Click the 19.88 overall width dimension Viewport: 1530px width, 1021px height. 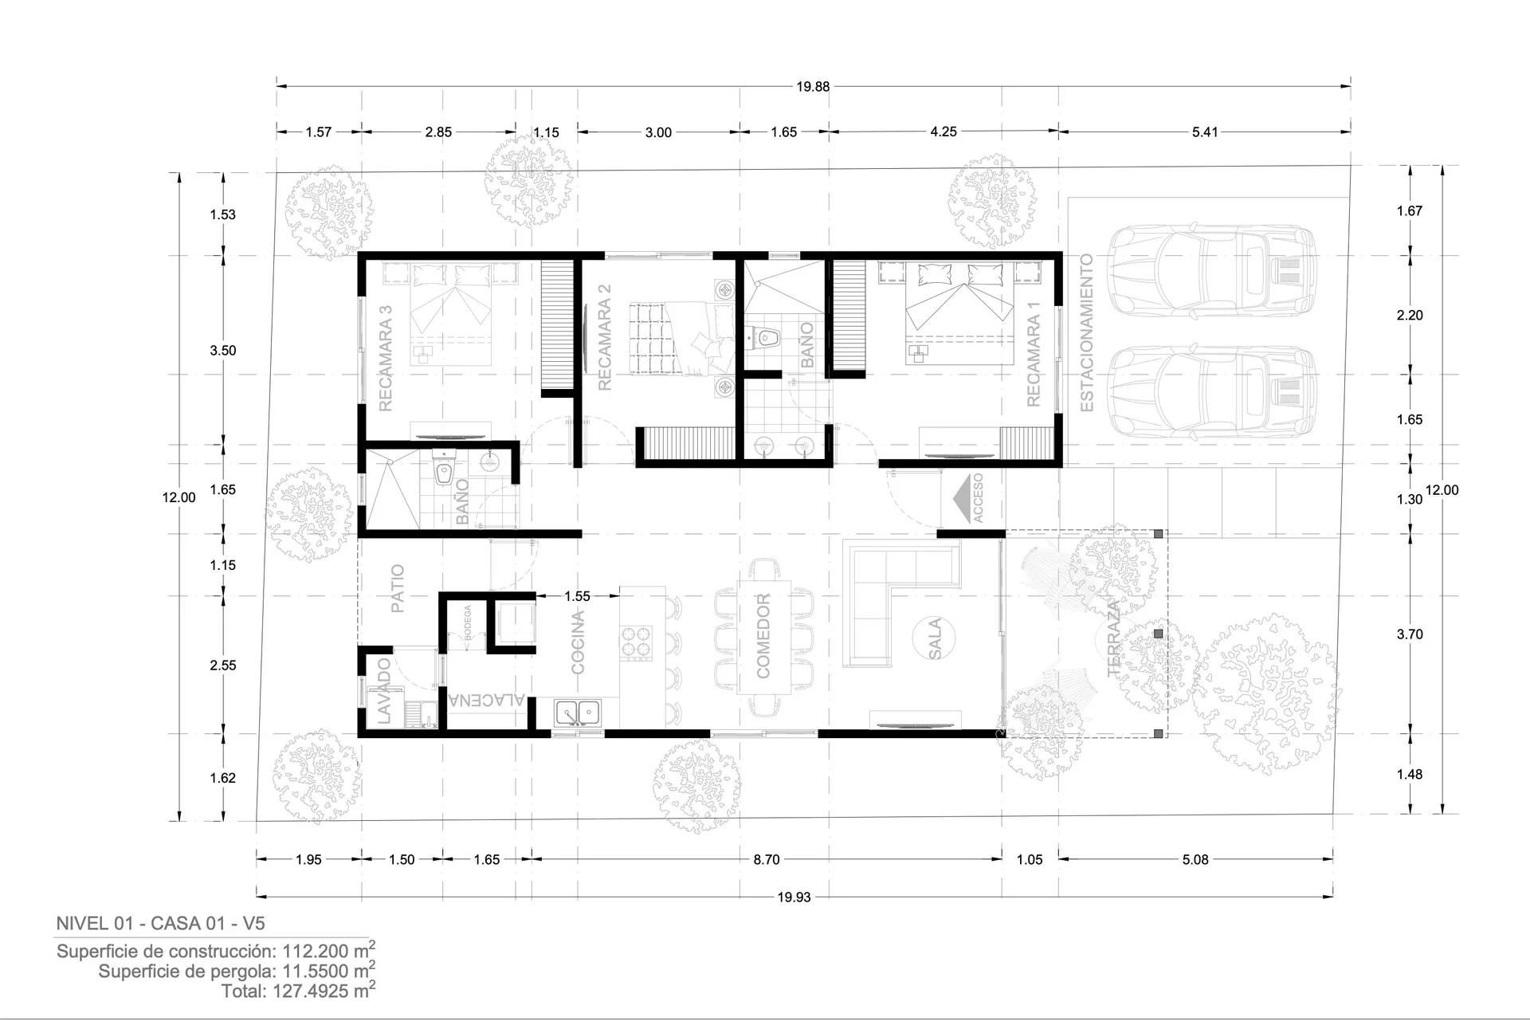[x=813, y=86]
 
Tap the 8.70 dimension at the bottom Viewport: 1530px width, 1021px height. [x=767, y=859]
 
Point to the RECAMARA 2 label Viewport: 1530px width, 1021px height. [x=604, y=337]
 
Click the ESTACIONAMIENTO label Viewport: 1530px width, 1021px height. [x=1087, y=332]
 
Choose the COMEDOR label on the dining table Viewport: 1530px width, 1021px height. [x=763, y=636]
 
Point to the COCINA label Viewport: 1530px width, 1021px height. [x=578, y=642]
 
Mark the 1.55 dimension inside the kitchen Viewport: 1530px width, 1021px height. [x=577, y=596]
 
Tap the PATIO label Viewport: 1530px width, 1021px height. [x=398, y=588]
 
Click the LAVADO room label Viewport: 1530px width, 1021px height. [x=385, y=691]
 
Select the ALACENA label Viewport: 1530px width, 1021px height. [x=487, y=701]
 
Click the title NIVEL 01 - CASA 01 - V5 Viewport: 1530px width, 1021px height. [x=160, y=924]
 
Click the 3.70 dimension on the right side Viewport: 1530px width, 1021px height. [x=1410, y=634]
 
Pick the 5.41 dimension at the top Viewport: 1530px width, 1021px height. [x=1205, y=132]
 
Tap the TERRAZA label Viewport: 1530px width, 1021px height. [x=1114, y=640]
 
